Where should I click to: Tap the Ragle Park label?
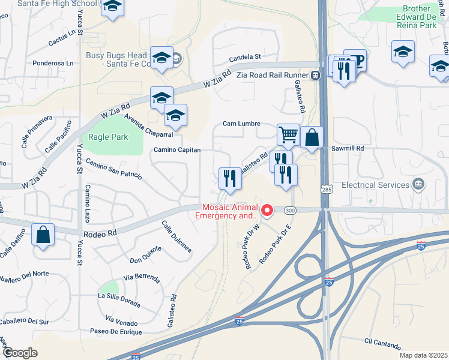(x=108, y=137)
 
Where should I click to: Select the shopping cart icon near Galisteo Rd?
(x=289, y=135)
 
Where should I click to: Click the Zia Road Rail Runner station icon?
(x=315, y=75)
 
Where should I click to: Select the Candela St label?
(x=246, y=58)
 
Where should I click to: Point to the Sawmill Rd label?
(x=352, y=148)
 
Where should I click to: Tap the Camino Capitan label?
(x=176, y=150)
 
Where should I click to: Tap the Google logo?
(x=20, y=353)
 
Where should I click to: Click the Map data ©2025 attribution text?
(x=423, y=355)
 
